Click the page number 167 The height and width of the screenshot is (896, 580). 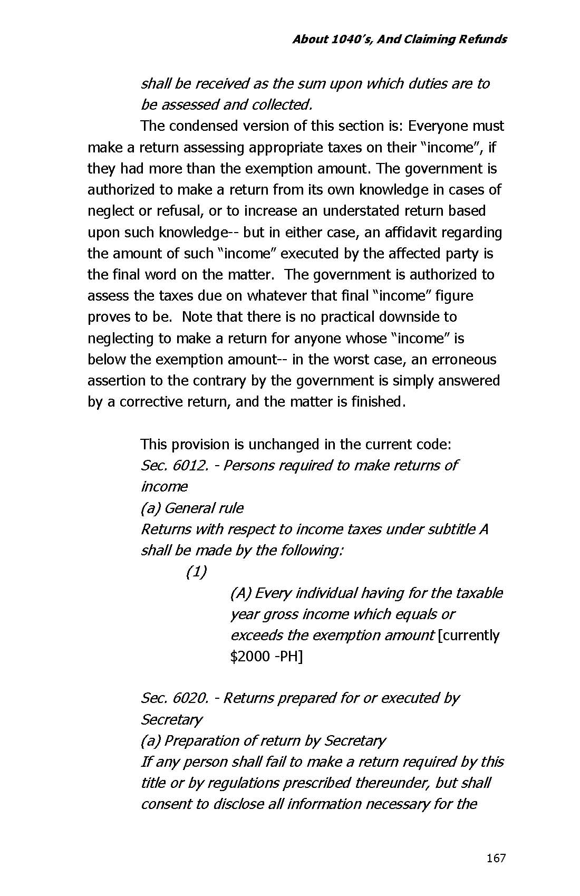(496, 858)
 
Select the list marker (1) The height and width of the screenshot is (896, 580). (196, 572)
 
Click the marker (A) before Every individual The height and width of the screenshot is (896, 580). (240, 593)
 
